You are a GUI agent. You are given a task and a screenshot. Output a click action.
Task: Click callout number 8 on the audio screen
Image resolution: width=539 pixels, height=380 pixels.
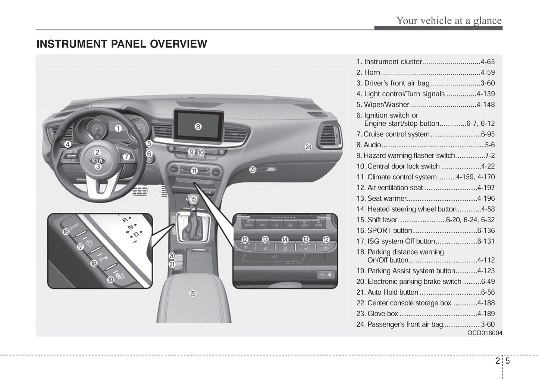pos(198,127)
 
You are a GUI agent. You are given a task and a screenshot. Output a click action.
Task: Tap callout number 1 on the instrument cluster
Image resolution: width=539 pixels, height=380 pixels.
pos(118,129)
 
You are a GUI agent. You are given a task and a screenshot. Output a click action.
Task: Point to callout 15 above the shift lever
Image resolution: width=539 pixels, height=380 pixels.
pos(193,199)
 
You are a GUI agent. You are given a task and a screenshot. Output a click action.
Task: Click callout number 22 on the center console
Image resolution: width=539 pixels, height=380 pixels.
pos(192,293)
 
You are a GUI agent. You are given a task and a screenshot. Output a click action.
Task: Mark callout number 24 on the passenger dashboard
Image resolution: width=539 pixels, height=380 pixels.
pos(308,147)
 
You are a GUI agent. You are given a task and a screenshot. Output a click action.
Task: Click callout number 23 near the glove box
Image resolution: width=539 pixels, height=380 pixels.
pos(253,170)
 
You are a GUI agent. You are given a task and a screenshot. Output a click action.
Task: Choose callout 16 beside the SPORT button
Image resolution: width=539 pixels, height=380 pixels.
pos(66,232)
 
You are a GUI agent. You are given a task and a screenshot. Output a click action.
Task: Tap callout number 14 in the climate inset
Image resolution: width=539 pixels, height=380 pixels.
pos(285,239)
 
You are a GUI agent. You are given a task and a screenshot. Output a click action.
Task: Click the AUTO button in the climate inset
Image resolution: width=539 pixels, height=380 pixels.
pos(248,225)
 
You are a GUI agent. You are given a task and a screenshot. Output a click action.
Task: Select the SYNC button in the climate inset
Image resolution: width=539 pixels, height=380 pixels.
pos(319,225)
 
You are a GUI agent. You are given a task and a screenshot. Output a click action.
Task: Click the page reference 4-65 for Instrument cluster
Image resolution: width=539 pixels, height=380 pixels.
pos(488,62)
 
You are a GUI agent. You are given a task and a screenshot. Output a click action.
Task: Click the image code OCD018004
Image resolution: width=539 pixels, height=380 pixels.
pos(485,333)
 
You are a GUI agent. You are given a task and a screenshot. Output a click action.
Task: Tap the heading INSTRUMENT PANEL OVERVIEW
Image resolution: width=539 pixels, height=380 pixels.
pos(122,44)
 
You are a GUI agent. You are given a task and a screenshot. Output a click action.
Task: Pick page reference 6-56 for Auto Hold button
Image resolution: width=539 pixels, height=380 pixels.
pos(488,292)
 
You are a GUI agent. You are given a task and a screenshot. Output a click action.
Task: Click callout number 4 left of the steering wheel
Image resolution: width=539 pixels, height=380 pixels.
pos(68,144)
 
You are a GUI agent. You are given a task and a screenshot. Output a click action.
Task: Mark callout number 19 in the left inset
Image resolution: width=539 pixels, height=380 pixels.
pos(110,279)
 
